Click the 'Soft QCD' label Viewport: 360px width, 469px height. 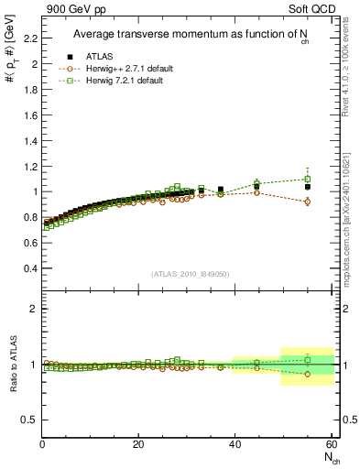tap(311, 9)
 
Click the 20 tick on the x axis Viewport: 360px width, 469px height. tap(138, 444)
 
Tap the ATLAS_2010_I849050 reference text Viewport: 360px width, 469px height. tap(190, 273)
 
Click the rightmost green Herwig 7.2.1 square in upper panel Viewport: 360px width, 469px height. tap(308, 179)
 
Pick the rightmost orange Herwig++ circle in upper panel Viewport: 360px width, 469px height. tap(308, 202)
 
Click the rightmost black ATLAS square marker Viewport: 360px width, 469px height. tap(308, 187)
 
